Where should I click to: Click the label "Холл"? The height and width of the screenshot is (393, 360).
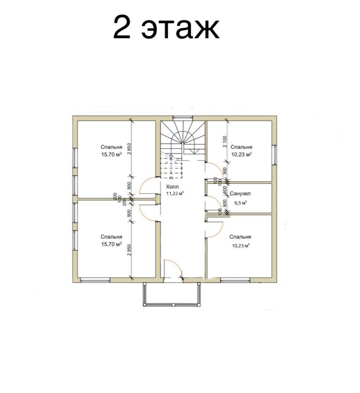click(x=173, y=187)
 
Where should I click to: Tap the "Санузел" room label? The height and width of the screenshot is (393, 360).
click(x=240, y=194)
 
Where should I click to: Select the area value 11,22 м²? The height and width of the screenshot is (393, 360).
click(x=175, y=193)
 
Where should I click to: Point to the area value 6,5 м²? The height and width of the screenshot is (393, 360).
click(x=240, y=203)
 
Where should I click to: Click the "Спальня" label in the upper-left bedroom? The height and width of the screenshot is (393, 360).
click(x=111, y=147)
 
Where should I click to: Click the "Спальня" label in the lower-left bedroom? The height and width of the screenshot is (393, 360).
click(x=111, y=237)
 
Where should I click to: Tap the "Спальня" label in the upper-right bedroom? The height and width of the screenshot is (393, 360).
click(x=241, y=147)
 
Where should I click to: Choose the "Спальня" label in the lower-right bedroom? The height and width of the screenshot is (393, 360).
click(x=240, y=237)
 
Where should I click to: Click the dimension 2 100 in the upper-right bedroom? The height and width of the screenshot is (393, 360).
click(x=225, y=141)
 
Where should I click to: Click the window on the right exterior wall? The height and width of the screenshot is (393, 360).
click(x=275, y=155)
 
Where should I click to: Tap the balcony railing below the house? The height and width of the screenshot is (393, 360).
click(x=172, y=304)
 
